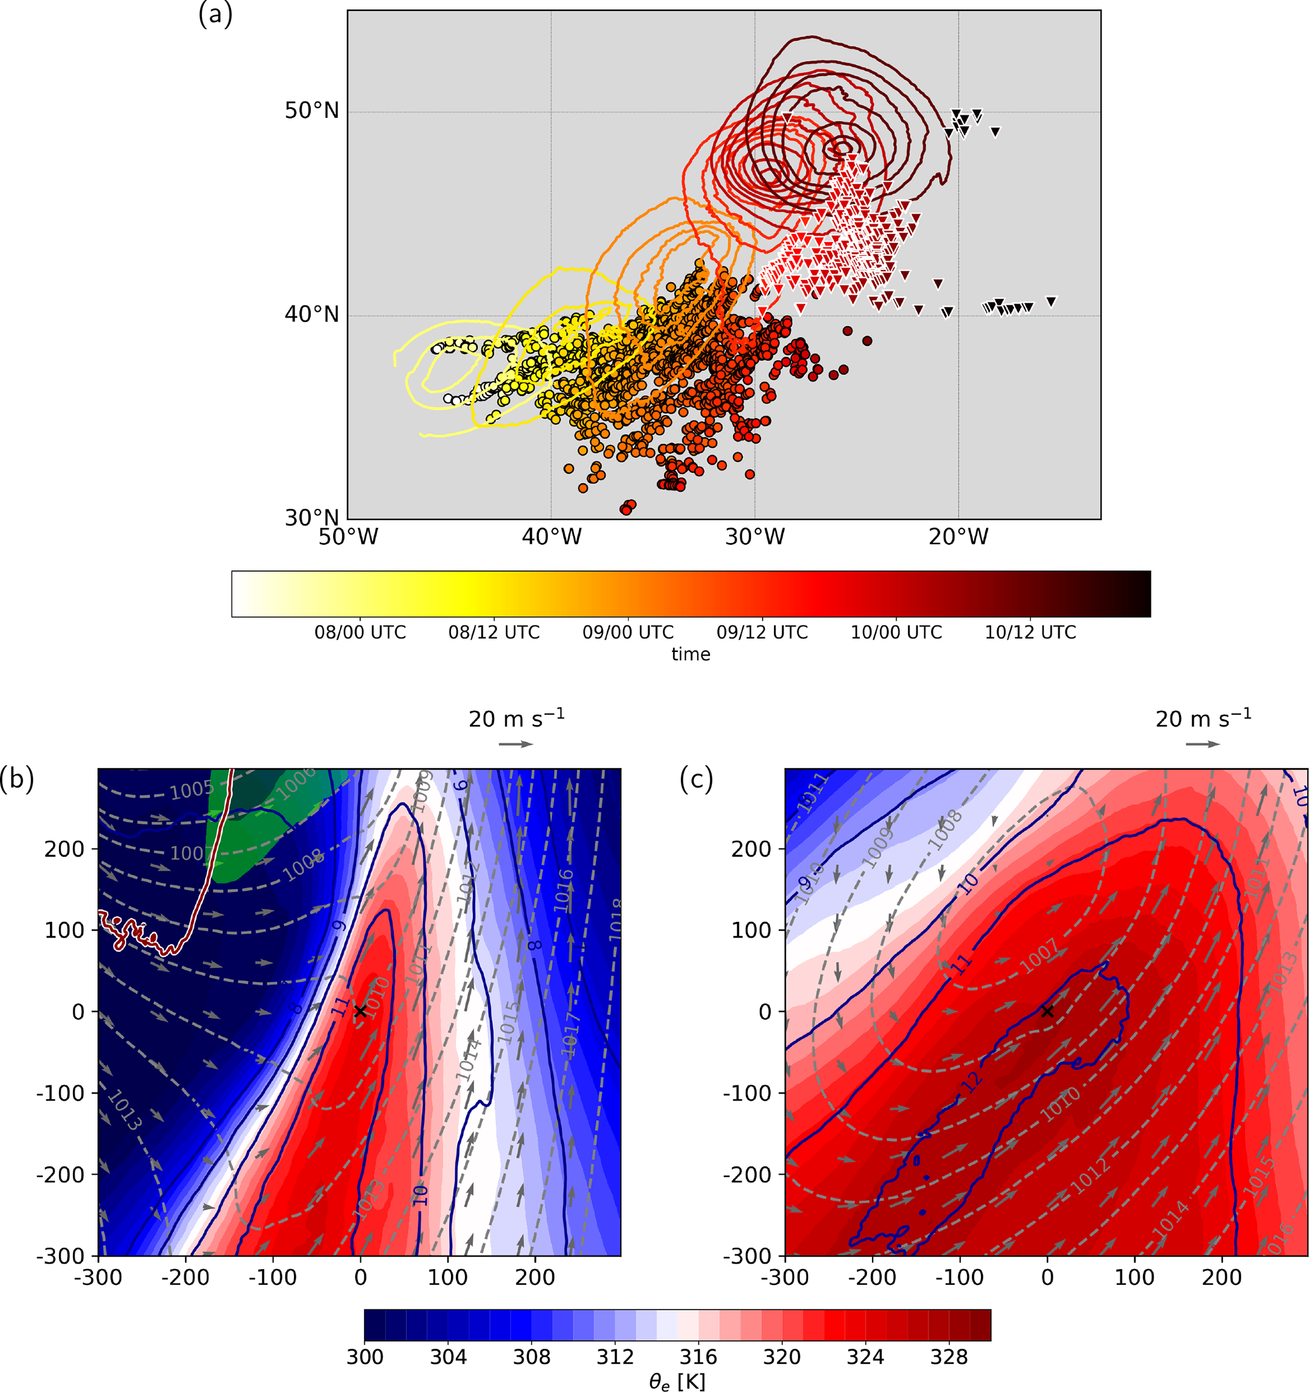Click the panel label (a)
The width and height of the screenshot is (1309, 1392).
(215, 14)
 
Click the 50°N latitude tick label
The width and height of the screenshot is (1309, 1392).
(311, 111)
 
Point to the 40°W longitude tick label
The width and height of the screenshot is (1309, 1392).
(551, 537)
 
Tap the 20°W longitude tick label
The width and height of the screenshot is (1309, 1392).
(958, 537)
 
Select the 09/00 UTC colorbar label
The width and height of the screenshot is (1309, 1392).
(628, 632)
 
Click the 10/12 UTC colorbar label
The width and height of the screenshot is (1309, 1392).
(1030, 632)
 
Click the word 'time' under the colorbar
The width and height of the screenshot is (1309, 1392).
(690, 654)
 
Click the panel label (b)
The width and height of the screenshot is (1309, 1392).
(17, 779)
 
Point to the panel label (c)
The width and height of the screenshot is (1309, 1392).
(696, 779)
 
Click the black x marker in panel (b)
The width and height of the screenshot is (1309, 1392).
(360, 1011)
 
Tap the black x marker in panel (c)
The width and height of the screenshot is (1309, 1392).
(1047, 1011)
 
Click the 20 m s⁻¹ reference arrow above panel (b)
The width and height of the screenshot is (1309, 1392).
(516, 744)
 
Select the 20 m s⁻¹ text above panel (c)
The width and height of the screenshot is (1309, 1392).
(1203, 718)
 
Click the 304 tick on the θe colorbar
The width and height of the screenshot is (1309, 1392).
(448, 1357)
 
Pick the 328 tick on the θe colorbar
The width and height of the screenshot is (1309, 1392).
(949, 1357)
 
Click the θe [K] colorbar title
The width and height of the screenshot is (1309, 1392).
(676, 1381)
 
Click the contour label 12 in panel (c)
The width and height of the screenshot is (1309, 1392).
(971, 1082)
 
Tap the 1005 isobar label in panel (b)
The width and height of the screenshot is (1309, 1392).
(191, 790)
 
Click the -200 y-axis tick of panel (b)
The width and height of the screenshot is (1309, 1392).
(60, 1174)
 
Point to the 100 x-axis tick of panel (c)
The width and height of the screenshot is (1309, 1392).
(1134, 1277)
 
